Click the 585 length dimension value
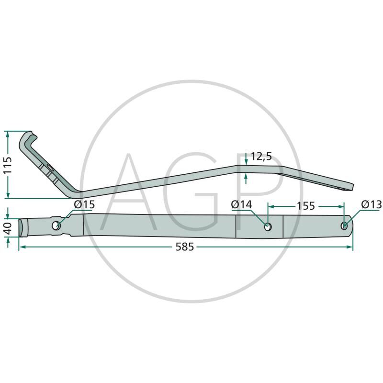click(185, 247)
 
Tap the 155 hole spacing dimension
click(305, 206)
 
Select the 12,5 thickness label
click(261, 157)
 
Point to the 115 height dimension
click(8, 165)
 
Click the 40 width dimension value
click(8, 228)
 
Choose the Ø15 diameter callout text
click(84, 204)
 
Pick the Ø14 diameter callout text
click(241, 204)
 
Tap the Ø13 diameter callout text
click(372, 204)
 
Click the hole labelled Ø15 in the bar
click(56, 225)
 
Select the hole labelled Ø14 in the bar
click(268, 227)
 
